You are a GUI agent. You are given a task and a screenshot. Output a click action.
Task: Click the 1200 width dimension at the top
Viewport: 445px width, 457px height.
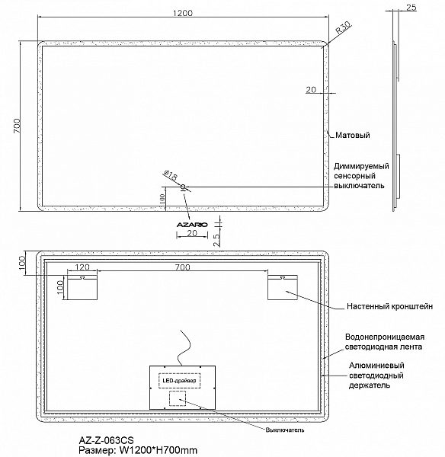[x=183, y=13]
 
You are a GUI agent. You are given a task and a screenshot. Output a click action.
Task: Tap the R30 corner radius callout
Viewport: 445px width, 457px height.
[x=343, y=27]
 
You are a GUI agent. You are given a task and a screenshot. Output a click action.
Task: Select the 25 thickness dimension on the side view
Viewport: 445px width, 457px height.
[x=411, y=8]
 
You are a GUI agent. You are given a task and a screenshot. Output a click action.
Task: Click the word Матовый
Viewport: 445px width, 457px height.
[x=353, y=135]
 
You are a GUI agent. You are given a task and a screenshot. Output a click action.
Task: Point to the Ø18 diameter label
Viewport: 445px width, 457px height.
[x=171, y=175]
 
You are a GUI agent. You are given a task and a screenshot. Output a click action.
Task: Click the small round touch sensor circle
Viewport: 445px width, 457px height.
[x=183, y=187]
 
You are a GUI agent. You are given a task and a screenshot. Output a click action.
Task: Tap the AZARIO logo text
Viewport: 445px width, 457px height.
[x=192, y=225]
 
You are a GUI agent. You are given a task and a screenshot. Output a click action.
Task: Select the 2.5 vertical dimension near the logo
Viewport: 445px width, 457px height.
[x=217, y=240]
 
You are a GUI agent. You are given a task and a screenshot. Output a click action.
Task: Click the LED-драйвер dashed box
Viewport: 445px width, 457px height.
[x=179, y=380]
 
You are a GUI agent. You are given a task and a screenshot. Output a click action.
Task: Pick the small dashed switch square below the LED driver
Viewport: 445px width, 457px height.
[x=178, y=398]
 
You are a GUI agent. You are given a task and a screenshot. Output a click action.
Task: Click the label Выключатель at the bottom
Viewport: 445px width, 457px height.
[x=285, y=430]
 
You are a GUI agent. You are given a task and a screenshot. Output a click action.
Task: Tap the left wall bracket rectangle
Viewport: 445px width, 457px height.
[x=82, y=287]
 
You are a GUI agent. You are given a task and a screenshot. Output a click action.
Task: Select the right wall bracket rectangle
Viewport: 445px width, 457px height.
[x=283, y=287]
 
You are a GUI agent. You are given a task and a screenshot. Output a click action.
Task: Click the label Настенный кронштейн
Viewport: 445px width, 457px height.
[x=389, y=306]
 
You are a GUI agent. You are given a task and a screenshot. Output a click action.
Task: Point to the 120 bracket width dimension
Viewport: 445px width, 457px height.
[x=82, y=267]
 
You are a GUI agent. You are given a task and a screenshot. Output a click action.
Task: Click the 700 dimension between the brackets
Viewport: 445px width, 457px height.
[x=183, y=267]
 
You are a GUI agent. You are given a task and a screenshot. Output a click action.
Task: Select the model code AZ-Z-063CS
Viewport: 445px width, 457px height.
[x=106, y=440]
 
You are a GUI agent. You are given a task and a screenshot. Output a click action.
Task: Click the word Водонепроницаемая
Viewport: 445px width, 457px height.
[x=385, y=337]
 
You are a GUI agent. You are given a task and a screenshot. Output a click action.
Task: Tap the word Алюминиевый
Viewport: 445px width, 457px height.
[x=376, y=366]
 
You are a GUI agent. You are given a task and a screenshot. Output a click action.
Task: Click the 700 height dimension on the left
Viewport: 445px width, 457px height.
[x=17, y=126]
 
